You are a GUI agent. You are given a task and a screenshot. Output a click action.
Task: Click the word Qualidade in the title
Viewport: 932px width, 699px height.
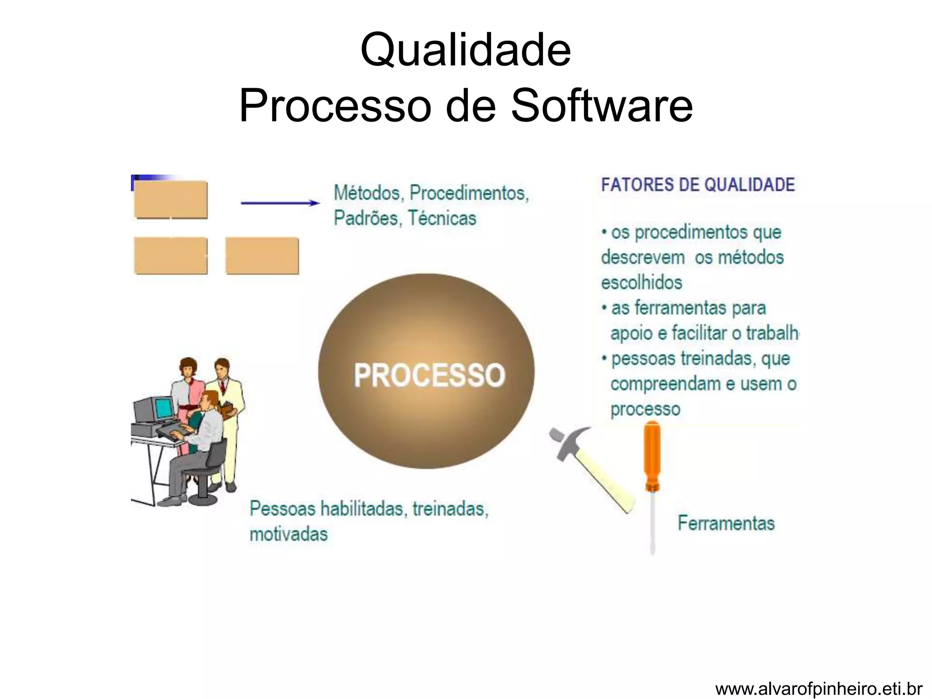pos(465,50)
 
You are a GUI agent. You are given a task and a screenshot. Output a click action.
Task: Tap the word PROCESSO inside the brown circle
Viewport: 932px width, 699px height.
pos(429,375)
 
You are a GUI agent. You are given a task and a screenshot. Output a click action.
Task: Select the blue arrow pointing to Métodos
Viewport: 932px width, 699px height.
pos(280,203)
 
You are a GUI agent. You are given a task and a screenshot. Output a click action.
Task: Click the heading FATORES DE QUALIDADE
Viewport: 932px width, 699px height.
pos(698,185)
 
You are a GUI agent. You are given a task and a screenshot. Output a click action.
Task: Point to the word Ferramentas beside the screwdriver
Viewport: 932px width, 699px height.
pos(726,523)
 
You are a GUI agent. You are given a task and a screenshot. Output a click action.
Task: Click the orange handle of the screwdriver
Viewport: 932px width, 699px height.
pos(652,455)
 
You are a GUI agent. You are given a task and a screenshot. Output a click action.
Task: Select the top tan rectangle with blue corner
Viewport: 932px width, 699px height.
pos(171,199)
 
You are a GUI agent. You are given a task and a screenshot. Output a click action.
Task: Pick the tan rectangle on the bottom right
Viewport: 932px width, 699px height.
pos(262,255)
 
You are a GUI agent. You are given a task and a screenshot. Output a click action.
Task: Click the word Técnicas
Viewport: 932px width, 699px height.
pos(441,218)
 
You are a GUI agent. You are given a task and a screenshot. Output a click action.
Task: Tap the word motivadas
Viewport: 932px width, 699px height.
pos(289,534)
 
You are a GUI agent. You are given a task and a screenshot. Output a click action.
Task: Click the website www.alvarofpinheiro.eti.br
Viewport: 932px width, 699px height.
pos(818,689)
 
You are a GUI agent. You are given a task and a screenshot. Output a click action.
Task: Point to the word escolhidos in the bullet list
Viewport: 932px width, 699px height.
pos(642,283)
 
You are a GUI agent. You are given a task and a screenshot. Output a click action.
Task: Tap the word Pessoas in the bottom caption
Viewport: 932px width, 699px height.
pos(283,509)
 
